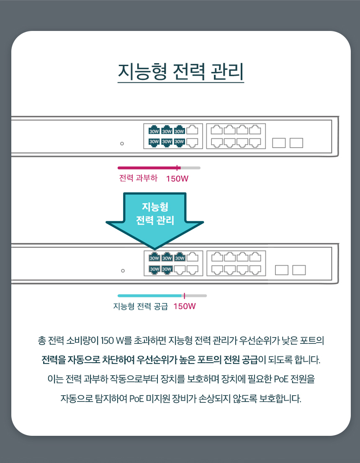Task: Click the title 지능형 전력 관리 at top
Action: point(180,72)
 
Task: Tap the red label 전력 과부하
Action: point(138,178)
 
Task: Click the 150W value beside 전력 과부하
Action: point(177,179)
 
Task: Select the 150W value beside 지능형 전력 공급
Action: point(185,306)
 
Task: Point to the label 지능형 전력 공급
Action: point(140,306)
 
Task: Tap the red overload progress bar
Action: point(149,168)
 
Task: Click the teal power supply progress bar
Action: point(149,296)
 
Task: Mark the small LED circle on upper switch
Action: point(122,144)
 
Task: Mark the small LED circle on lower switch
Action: point(123,271)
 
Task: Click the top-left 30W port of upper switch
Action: point(154,130)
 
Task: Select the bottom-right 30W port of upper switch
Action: point(179,142)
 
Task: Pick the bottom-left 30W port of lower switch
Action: point(154,269)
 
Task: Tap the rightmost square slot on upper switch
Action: point(296,143)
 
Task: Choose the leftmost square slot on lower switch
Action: point(281,270)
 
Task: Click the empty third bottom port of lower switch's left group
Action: point(180,270)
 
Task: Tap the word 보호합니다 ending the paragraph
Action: point(280,399)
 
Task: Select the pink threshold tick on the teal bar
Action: point(184,296)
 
